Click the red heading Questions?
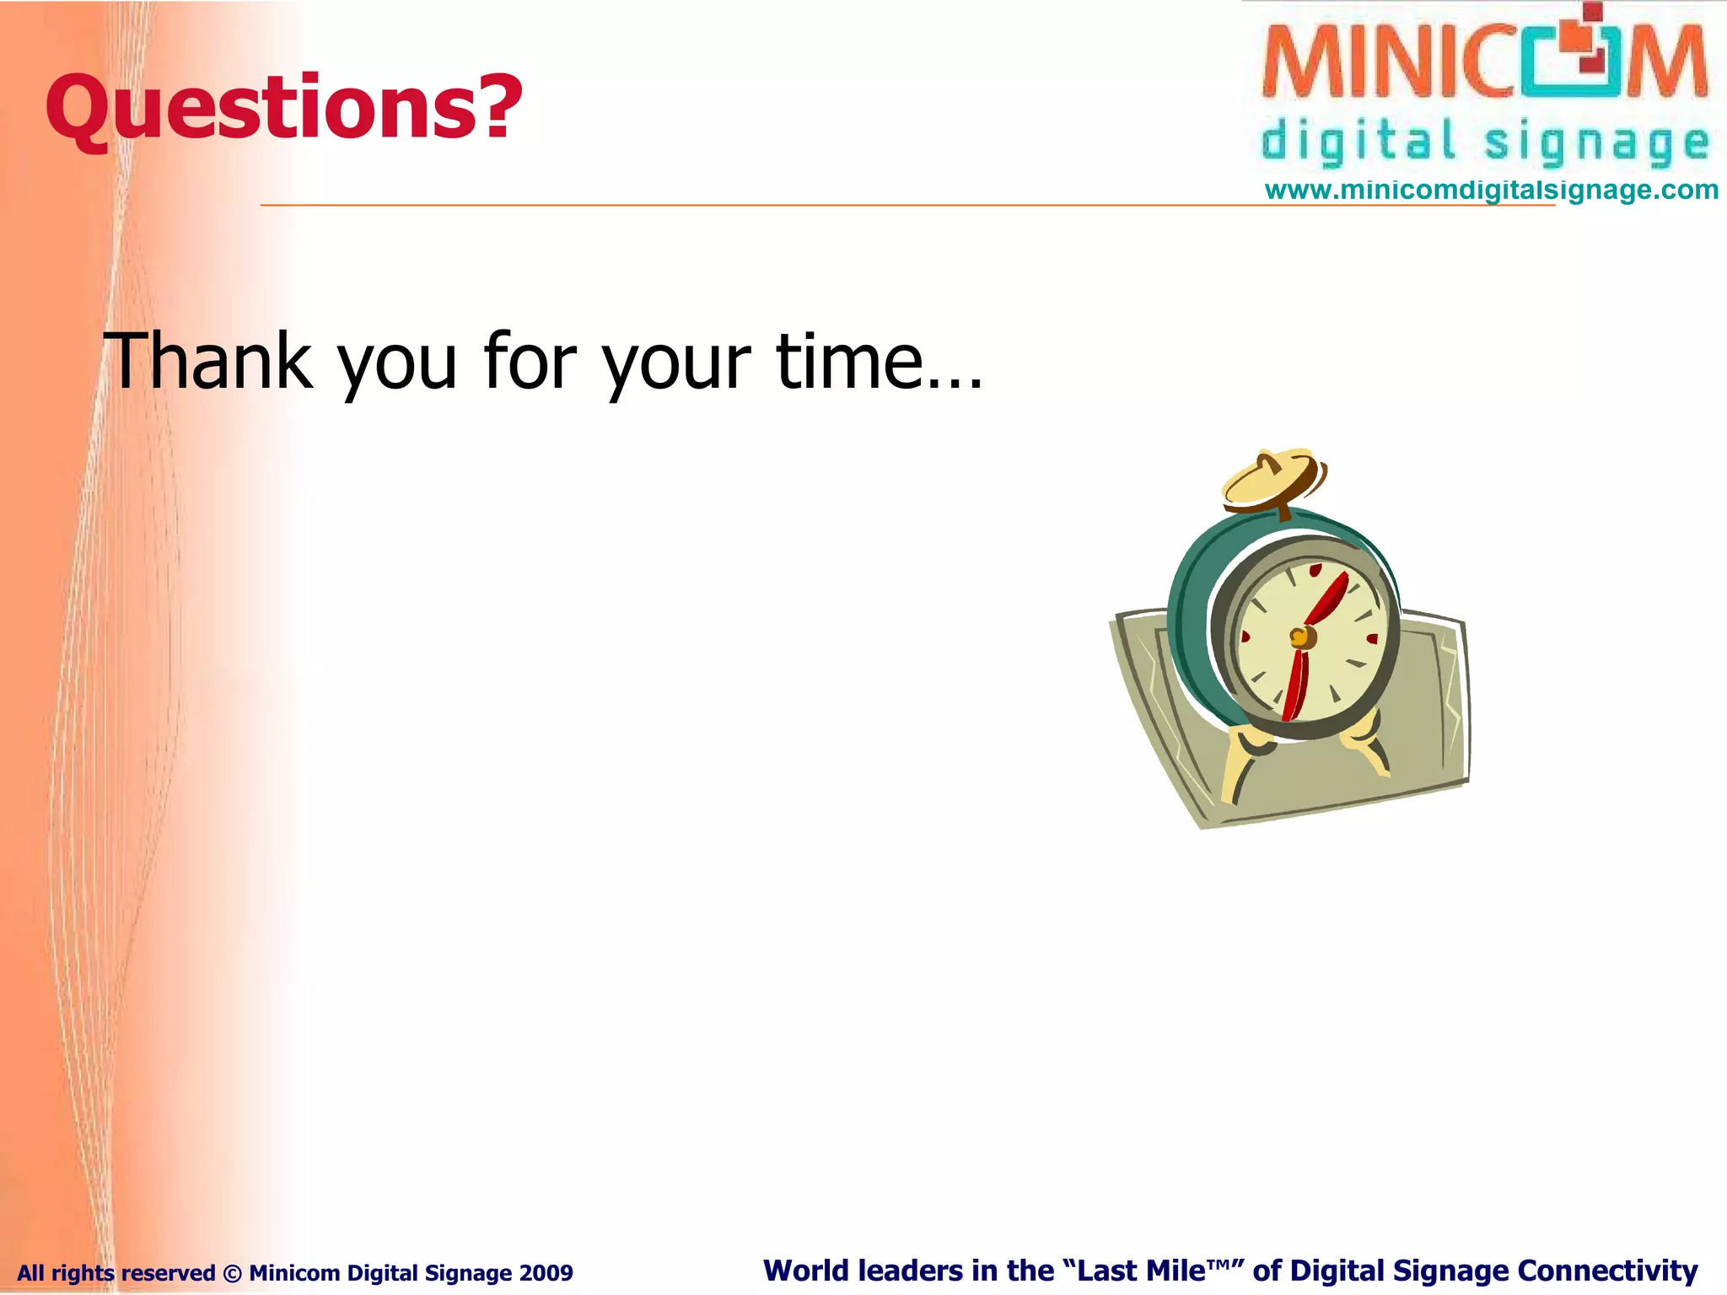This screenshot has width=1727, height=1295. [x=282, y=108]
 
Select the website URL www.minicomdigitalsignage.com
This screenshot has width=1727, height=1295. [x=1491, y=191]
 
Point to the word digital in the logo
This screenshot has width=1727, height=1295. [x=1358, y=142]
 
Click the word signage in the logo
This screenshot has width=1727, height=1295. [x=1596, y=143]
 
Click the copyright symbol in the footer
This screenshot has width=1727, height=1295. [x=232, y=1272]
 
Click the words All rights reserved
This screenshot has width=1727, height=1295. [x=116, y=1272]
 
